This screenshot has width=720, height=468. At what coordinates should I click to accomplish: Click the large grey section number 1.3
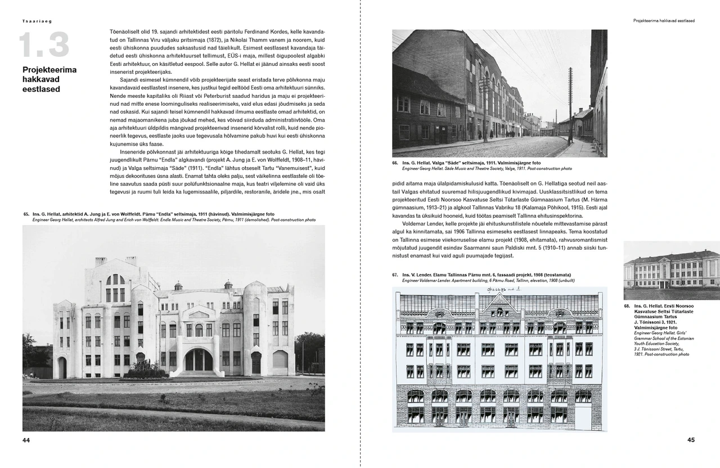tap(44, 46)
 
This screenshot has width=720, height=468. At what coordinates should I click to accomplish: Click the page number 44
tap(26, 440)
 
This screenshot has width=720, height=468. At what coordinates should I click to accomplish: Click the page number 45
tap(691, 440)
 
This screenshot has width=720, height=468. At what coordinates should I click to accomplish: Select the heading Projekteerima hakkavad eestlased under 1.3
tap(49, 79)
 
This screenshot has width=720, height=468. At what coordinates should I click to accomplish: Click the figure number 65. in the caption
tap(26, 214)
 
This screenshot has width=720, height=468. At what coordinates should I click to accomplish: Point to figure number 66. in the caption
tap(395, 163)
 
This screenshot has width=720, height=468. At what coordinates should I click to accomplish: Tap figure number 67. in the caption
tap(395, 274)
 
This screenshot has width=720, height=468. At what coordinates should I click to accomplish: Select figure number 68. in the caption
tap(627, 307)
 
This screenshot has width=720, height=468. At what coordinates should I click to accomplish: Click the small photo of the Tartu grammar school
tap(672, 271)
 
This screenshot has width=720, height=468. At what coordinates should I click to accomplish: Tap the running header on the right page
tap(664, 21)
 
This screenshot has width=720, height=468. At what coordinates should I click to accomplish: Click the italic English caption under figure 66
tap(487, 168)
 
